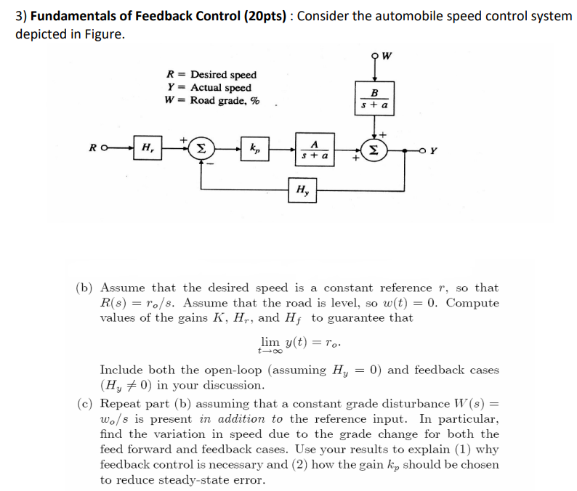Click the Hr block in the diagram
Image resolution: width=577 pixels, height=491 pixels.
[147, 149]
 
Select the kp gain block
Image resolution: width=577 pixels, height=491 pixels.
[256, 149]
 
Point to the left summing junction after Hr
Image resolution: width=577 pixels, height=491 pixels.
[201, 149]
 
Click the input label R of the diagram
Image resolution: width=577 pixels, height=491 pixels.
[94, 150]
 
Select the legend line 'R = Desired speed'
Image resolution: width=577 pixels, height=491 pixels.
[211, 75]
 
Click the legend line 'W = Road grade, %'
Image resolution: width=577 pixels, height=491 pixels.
[213, 101]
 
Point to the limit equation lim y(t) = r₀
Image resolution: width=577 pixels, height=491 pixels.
[295, 342]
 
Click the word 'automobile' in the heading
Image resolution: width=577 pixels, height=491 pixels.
[385, 16]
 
